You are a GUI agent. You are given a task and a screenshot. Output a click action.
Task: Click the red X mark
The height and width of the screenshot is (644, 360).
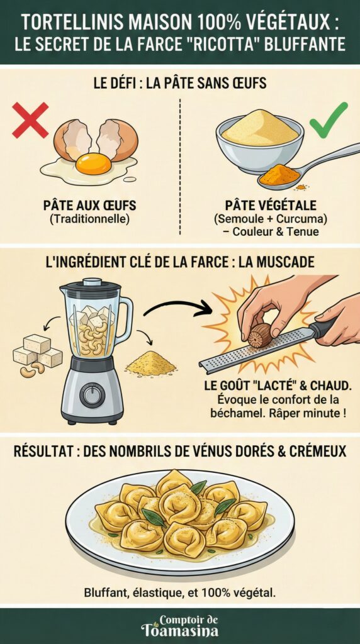[30, 119]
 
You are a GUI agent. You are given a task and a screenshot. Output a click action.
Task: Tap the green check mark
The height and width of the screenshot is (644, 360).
[328, 119]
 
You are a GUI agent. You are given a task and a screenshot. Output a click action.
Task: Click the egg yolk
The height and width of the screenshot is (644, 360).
[93, 164]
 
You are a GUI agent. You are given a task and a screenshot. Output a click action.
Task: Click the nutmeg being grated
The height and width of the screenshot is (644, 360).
[259, 335]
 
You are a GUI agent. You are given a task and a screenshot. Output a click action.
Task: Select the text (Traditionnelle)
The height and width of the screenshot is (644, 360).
[89, 219]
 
